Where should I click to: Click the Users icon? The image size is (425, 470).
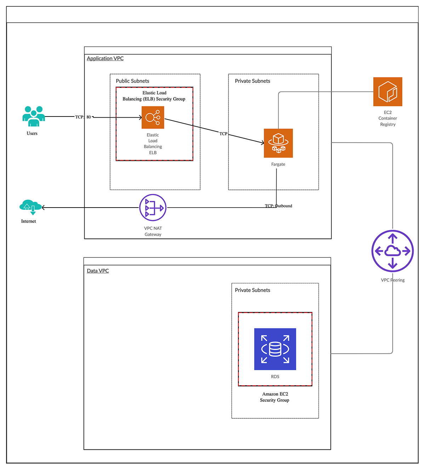(34, 116)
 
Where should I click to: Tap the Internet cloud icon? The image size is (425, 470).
(30, 207)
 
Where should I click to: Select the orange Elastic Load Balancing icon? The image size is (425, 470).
(153, 117)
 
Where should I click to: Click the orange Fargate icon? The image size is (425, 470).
(278, 143)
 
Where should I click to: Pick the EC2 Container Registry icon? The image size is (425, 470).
(388, 92)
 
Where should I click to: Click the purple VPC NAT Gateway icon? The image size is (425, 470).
(153, 208)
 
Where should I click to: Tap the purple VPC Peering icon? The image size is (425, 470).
(392, 251)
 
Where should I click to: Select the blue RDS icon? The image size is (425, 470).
(275, 349)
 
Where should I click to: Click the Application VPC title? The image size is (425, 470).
(105, 58)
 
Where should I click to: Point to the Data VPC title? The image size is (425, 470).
(98, 271)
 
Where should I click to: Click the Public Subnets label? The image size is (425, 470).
(132, 81)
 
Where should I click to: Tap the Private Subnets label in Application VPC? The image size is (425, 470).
(253, 81)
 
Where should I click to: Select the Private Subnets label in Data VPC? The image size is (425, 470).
(253, 290)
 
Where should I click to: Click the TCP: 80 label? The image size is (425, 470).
(83, 117)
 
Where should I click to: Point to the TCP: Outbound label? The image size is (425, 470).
(278, 206)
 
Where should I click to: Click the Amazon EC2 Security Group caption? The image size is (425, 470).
(275, 397)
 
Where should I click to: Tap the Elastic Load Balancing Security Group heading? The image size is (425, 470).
(154, 96)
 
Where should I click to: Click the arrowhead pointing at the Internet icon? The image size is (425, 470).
(43, 208)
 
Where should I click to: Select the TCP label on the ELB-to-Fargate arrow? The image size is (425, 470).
(223, 134)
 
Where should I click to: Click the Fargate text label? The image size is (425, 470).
(278, 164)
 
